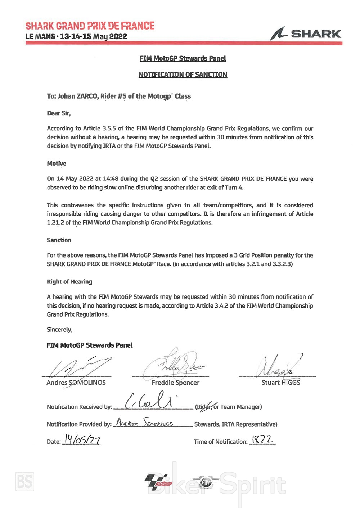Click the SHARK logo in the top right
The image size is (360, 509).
pos(306,34)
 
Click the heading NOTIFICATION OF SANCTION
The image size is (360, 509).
pos(183,75)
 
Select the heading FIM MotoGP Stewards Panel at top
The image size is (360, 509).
pos(183,58)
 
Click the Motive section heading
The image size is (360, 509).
pos(57,164)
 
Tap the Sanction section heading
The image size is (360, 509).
pos(59,240)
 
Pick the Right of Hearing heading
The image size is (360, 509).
pos(69,282)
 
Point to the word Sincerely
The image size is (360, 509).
pos(59,330)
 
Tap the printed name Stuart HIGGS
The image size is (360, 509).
pos(281,383)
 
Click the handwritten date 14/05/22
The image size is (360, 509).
pos(82,439)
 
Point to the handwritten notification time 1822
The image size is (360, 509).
pos(262,439)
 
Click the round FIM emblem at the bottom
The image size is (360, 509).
pos(206,482)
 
